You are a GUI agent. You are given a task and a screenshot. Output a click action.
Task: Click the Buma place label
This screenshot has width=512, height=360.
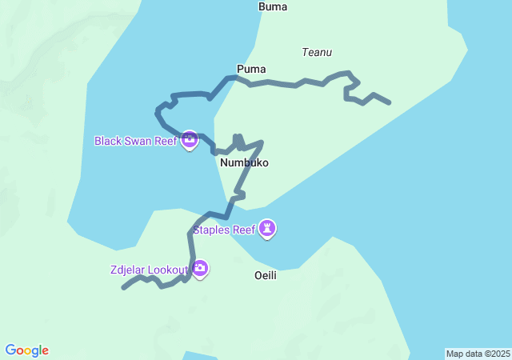pyautogui.click(x=273, y=7)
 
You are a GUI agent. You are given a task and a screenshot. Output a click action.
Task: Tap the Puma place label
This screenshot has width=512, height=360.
pyautogui.click(x=251, y=69)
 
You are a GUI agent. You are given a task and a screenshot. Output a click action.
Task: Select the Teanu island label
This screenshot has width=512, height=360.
pyautogui.click(x=317, y=53)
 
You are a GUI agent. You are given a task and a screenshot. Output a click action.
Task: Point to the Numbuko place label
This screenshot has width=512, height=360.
pyautogui.click(x=244, y=162)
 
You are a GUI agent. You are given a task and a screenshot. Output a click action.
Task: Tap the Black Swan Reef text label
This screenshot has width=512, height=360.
pyautogui.click(x=135, y=141)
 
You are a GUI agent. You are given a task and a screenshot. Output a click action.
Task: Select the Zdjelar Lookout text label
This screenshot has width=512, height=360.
pyautogui.click(x=148, y=269)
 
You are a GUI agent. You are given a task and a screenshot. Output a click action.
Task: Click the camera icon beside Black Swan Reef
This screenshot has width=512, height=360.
pyautogui.click(x=190, y=141)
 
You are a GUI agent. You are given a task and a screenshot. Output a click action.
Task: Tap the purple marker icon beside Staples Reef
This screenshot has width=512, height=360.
pyautogui.click(x=268, y=230)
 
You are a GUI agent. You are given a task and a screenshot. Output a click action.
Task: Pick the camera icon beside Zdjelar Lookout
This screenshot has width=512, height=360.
pyautogui.click(x=200, y=269)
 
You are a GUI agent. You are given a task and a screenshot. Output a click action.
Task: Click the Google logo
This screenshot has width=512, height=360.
pyautogui.click(x=27, y=350)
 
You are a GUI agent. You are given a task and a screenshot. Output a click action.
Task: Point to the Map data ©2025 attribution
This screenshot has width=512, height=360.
pyautogui.click(x=478, y=354)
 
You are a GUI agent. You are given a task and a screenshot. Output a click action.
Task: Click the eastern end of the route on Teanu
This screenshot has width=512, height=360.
pyautogui.click(x=389, y=102)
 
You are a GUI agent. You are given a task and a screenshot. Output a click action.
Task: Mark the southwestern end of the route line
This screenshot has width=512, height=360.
pyautogui.click(x=124, y=288)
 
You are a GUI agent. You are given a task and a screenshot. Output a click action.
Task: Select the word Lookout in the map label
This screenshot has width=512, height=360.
pyautogui.click(x=167, y=269)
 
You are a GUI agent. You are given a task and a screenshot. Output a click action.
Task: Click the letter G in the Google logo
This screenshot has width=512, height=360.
pyautogui.click(x=11, y=350)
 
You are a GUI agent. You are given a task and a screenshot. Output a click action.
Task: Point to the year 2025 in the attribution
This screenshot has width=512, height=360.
pyautogui.click(x=499, y=354)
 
